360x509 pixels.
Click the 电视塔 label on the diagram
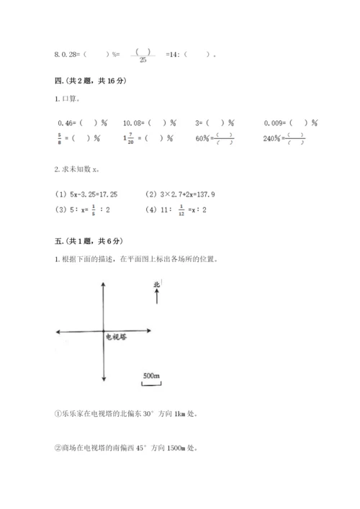click(116, 336)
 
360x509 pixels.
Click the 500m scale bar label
click(151, 376)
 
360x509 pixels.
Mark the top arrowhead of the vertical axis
click(104, 284)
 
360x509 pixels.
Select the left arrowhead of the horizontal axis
click(58, 331)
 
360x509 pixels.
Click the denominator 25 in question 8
click(143, 60)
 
